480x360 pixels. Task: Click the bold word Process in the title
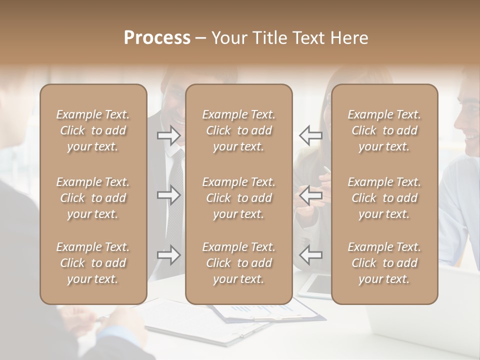pos(157,38)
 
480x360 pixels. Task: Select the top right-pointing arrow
pos(169,135)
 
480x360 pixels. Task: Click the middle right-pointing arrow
pos(169,195)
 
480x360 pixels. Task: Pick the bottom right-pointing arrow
pos(169,255)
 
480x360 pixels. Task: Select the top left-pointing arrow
pos(310,135)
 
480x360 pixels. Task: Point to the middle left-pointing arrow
pos(310,195)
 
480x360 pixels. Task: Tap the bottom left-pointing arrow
pos(310,255)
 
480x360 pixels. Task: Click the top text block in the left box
pos(93,130)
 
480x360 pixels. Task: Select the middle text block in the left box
pos(93,198)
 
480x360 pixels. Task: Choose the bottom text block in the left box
pos(93,263)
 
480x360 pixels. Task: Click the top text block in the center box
pos(239,130)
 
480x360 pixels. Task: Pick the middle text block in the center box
pos(239,198)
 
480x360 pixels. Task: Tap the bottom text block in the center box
pos(239,263)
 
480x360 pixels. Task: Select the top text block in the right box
pos(384,130)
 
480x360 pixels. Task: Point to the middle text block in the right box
pos(384,198)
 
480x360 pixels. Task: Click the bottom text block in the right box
pos(384,263)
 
